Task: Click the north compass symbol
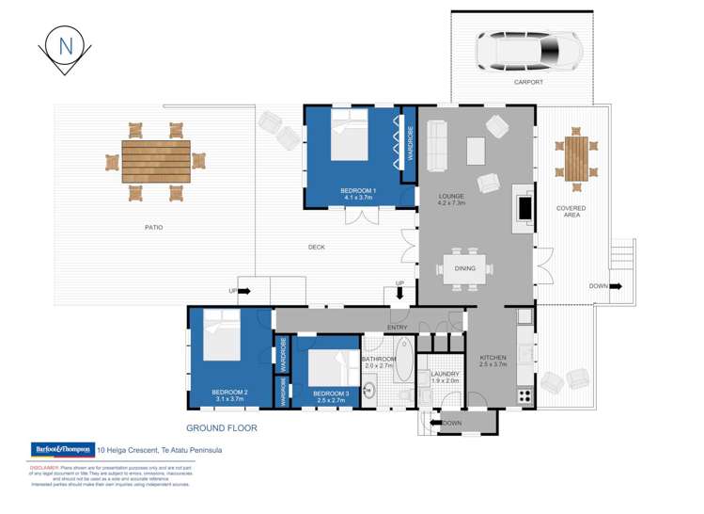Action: [x=65, y=46]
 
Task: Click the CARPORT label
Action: [x=527, y=82]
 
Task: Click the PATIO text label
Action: [x=153, y=227]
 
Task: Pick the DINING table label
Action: [x=464, y=268]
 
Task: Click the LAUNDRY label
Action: [x=445, y=374]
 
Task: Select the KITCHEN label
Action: [x=493, y=358]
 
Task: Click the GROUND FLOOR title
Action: [x=221, y=427]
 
